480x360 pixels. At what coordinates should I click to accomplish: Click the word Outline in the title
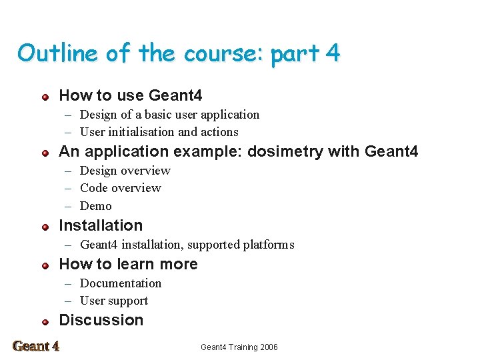tap(57, 53)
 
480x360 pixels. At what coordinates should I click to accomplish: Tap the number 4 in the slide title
tap(333, 53)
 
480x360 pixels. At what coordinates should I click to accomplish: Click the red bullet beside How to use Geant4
tap(45, 97)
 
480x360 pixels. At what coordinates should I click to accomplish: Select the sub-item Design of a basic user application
tap(169, 115)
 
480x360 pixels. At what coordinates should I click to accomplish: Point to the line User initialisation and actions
tap(159, 132)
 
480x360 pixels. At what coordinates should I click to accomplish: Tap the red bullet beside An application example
tap(45, 153)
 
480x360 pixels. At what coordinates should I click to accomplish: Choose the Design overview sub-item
tap(125, 171)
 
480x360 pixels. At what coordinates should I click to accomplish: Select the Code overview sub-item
tap(120, 188)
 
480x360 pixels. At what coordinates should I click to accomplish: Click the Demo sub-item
tap(95, 206)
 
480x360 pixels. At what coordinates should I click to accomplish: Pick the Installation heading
tap(101, 225)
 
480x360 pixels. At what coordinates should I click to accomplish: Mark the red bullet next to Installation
tap(45, 227)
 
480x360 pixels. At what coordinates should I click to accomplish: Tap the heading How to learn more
tap(128, 264)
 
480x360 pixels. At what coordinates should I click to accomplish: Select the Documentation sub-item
tap(120, 283)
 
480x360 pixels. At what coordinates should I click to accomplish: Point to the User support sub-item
tap(113, 301)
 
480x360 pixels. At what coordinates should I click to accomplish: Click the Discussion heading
tap(101, 320)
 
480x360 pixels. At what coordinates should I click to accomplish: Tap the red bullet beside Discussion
tap(45, 321)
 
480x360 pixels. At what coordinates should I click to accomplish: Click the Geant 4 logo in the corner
tap(36, 346)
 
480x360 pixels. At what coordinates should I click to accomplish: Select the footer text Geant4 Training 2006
tap(239, 347)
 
